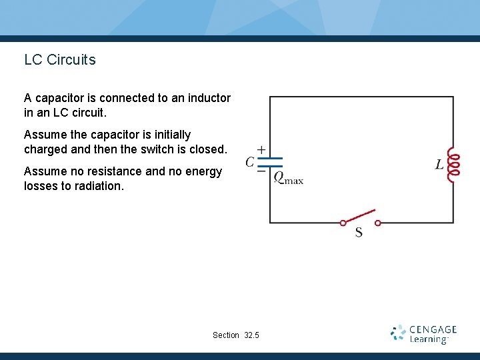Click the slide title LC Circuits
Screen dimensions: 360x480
click(x=60, y=60)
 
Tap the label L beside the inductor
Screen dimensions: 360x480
click(x=439, y=164)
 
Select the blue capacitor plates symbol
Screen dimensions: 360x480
click(x=269, y=162)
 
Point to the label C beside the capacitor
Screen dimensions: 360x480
click(x=249, y=162)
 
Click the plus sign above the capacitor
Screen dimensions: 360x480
click(x=261, y=150)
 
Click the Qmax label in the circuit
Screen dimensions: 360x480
click(x=289, y=177)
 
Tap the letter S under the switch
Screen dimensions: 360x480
click(x=359, y=233)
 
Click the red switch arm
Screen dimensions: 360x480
click(x=360, y=217)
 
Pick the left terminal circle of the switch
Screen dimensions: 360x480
click(x=343, y=223)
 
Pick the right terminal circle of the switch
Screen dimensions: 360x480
click(x=377, y=223)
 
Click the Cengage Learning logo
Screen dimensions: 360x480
click(x=424, y=334)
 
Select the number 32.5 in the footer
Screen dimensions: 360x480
click(x=252, y=335)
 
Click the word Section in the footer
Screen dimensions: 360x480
click(x=225, y=335)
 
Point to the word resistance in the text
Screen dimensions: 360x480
click(x=115, y=171)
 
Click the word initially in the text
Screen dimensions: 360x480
click(x=169, y=135)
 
